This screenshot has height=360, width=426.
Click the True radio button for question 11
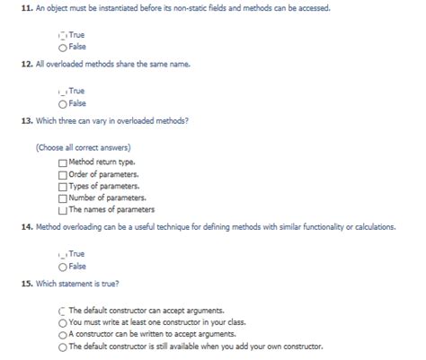(62, 36)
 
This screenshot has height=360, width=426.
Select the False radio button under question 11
(62, 48)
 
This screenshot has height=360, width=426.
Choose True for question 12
(62, 90)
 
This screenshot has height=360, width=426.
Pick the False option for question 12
(62, 101)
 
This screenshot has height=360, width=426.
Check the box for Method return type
(62, 162)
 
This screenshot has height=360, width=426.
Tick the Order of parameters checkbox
(62, 173)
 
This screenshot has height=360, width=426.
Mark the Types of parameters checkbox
(62, 185)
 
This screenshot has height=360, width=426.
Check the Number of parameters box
(62, 197)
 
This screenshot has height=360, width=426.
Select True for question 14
(62, 254)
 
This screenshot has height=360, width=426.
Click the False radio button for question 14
(62, 266)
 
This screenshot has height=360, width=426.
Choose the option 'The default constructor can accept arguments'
(62, 310)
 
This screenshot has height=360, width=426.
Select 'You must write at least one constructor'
(62, 321)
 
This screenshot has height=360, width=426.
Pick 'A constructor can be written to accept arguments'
(62, 333)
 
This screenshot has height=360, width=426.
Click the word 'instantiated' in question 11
(107, 7)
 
